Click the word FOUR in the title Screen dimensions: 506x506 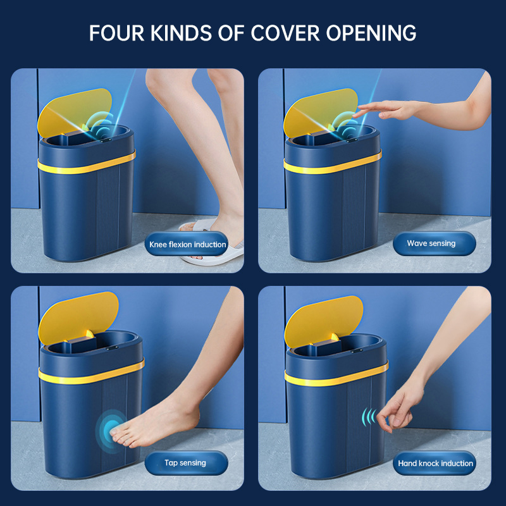[116, 33]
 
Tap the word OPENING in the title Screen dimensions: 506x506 [371, 33]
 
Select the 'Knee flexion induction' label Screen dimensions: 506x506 [187, 244]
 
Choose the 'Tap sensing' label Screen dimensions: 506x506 [185, 463]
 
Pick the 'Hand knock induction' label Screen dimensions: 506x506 [435, 464]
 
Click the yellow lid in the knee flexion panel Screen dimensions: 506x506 [73, 111]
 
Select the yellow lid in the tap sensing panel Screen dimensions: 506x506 [77, 317]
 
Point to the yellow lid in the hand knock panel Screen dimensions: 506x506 [323, 320]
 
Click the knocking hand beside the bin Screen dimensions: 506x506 [400, 410]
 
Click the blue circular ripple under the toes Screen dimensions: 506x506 [111, 431]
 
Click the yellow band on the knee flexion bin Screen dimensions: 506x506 [87, 163]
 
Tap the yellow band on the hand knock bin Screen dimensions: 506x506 [336, 374]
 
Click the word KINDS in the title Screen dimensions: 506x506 [181, 33]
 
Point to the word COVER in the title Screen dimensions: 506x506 [285, 33]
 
